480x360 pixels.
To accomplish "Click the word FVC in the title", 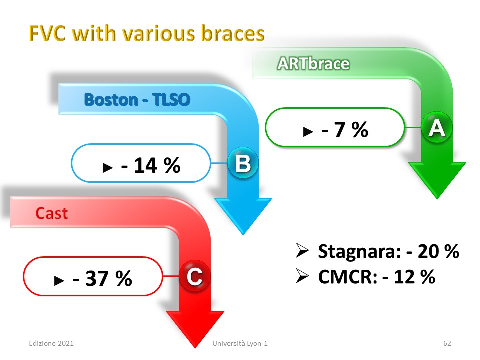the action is coord(47,33).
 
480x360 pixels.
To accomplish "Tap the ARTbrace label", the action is coord(313,64).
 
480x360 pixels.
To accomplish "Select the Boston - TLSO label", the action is coord(137,100).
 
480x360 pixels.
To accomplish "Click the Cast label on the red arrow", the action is coord(51,213).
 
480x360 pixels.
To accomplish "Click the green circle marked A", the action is coord(437,127).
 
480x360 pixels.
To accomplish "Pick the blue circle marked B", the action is coord(243,163).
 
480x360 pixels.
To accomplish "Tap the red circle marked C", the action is coord(194,276).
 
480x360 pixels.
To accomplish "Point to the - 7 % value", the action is coord(345,130).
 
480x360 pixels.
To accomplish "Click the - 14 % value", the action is coord(151,165).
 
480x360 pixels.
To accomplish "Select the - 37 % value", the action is coord(102,278).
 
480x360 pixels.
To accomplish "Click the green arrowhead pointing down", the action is coord(437,180).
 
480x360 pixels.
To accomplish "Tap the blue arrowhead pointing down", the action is coord(243,216).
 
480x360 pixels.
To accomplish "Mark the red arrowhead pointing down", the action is coord(195,329).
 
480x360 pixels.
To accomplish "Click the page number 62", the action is coord(447,343).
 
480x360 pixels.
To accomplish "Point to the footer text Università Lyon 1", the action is coord(240,343).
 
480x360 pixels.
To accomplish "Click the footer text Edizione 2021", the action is coord(51,343).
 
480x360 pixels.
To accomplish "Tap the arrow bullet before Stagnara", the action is coord(302,250).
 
